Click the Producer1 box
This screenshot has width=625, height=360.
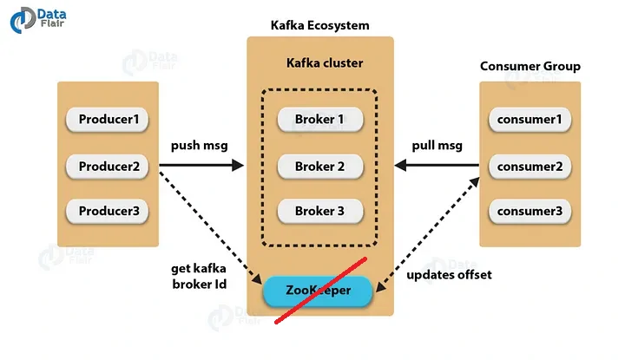click(108, 119)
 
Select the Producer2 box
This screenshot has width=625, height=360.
click(108, 165)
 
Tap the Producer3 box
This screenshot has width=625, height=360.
click(108, 211)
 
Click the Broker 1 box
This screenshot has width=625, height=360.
click(319, 119)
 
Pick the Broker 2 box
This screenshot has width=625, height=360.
click(319, 165)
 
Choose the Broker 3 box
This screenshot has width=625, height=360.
click(319, 211)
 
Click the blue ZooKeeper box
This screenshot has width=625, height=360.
click(318, 291)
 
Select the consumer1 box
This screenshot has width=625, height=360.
click(530, 119)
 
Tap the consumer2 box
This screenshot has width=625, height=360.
click(530, 165)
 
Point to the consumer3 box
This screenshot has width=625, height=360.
click(530, 211)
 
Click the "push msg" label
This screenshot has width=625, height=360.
click(199, 145)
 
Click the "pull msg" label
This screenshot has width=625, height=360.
click(436, 145)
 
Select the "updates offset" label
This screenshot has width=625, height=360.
click(449, 275)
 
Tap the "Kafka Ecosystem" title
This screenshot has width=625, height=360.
click(319, 25)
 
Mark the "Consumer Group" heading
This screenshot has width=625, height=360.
click(530, 67)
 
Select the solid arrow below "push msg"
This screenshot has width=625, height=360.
click(199, 165)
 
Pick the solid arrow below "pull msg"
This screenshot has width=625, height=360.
click(436, 165)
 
